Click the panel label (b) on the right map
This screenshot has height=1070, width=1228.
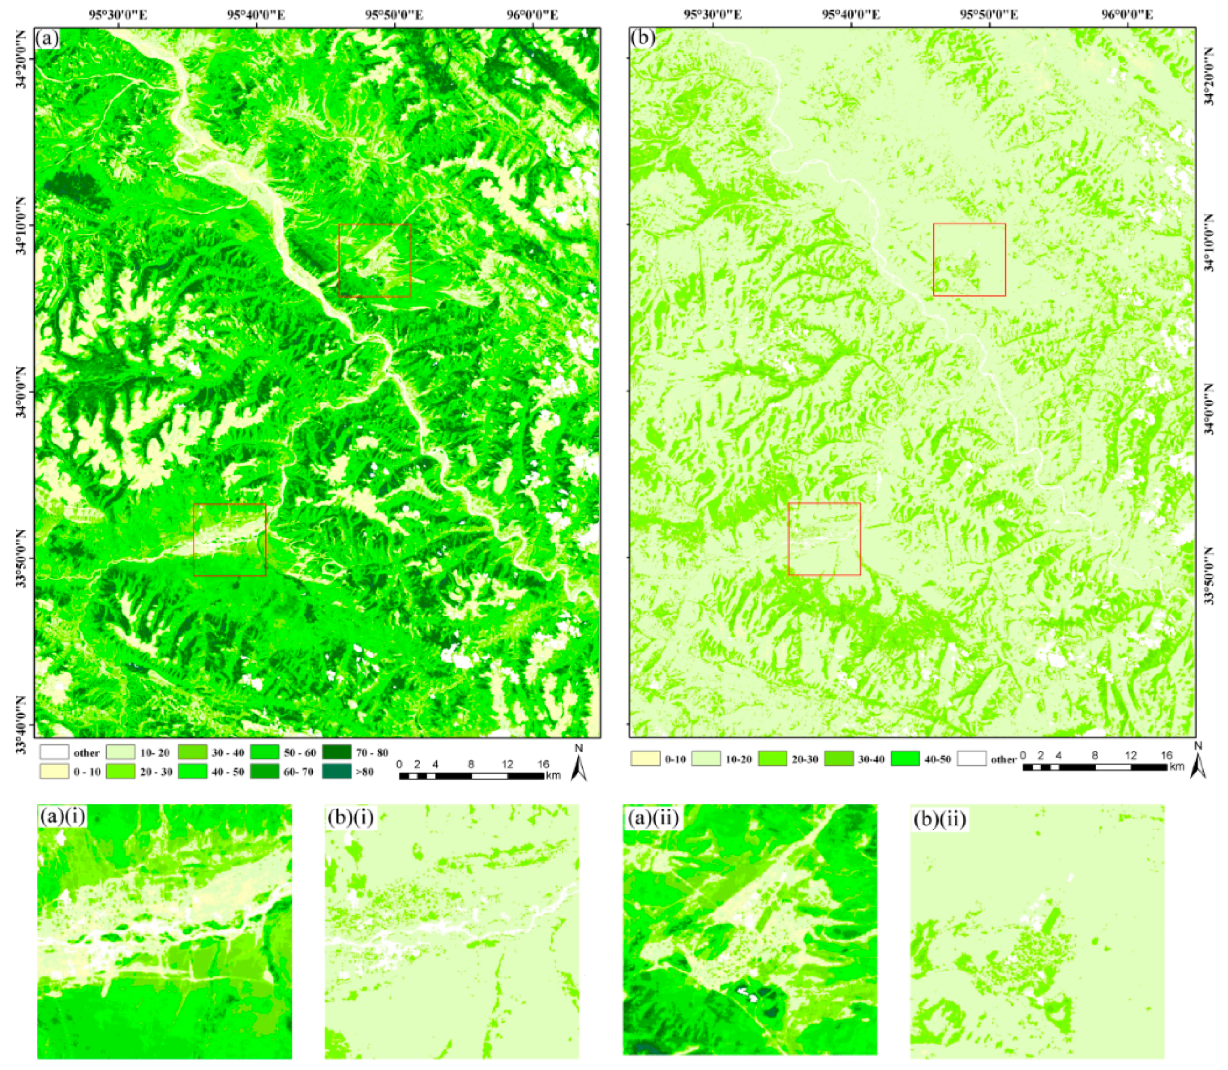tap(643, 39)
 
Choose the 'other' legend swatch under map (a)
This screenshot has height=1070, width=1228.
tap(54, 752)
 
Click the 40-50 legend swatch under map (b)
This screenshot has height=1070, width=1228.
tap(905, 759)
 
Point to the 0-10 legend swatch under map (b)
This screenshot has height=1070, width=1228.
tap(645, 759)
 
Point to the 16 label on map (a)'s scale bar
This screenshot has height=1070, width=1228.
tap(542, 764)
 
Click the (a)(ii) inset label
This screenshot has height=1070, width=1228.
tap(653, 819)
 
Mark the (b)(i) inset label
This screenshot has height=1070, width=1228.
tap(351, 819)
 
